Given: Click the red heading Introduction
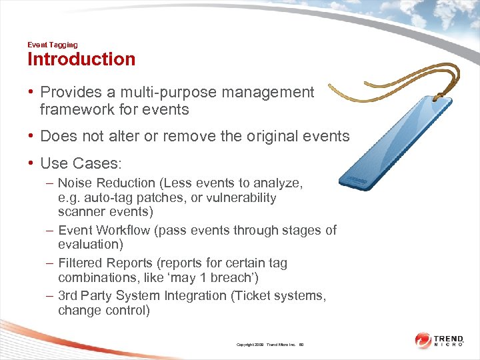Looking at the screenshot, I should coord(81,59).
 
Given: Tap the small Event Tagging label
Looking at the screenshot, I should coord(52,45).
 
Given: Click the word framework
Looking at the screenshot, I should coord(77,109).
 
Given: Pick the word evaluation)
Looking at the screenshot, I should coord(90,244).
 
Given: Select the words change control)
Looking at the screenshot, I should coord(104,310).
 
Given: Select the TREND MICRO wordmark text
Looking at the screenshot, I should coord(453,340).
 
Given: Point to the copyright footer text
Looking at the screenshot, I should coord(269,345).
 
